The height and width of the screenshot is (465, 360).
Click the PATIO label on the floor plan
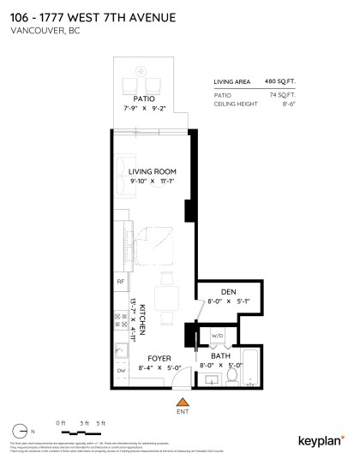click(x=144, y=99)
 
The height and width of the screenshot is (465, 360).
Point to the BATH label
click(x=221, y=355)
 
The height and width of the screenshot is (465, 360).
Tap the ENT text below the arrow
click(x=181, y=412)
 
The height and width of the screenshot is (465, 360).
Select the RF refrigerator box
click(x=120, y=281)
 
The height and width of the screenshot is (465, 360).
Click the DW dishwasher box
click(x=120, y=371)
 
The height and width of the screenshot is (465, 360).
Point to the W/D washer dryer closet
click(x=218, y=337)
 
